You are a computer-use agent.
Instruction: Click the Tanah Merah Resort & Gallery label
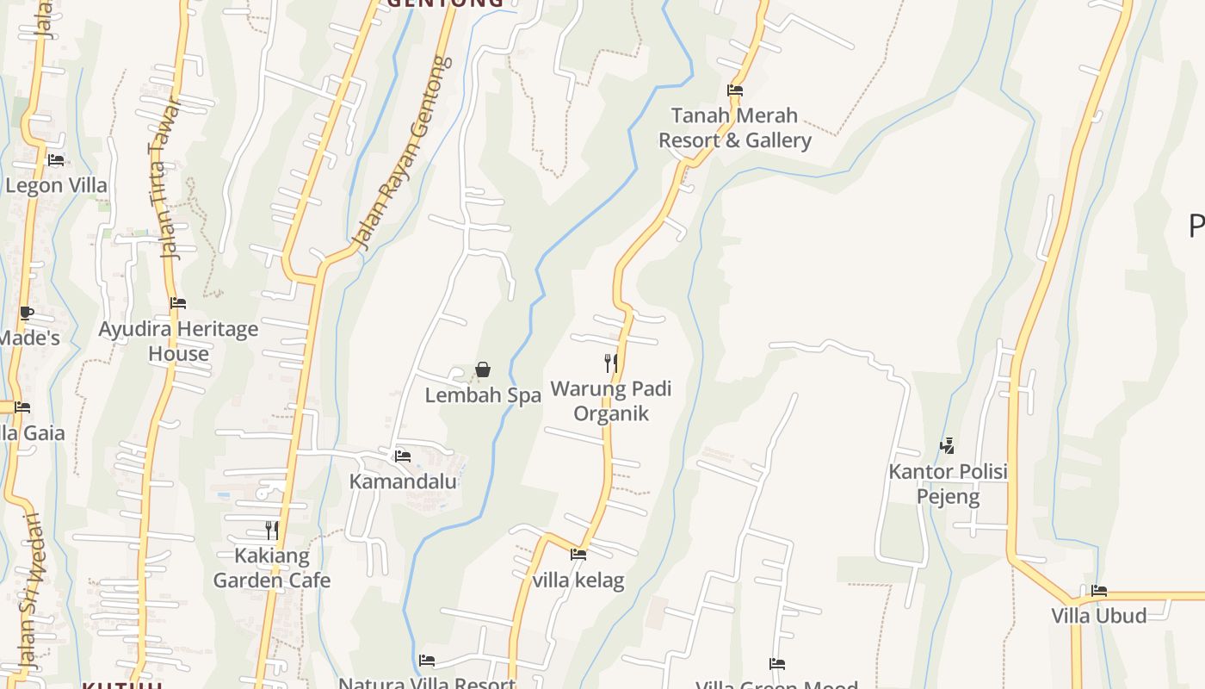click(734, 127)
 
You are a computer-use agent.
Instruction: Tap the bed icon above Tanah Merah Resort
click(734, 90)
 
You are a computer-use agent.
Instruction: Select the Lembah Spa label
click(483, 395)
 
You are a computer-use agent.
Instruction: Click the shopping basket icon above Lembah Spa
click(483, 369)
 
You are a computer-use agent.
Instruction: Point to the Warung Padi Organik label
click(611, 400)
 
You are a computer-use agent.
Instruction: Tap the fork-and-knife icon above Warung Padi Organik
click(611, 363)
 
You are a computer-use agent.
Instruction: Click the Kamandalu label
click(403, 481)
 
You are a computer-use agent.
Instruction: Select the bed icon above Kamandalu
click(403, 456)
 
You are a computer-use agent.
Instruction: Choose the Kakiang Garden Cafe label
click(272, 568)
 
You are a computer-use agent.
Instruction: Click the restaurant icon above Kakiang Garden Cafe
click(272, 530)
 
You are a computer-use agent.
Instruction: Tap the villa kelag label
click(578, 580)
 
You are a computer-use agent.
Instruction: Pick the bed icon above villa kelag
click(578, 555)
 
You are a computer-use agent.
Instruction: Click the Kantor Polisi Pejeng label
click(948, 484)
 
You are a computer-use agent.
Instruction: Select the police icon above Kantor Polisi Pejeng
click(948, 445)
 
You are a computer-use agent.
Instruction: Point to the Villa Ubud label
click(1099, 616)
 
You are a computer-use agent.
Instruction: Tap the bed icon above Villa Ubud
click(1099, 591)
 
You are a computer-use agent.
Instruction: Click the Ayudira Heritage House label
click(178, 341)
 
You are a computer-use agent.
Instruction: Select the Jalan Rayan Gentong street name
click(405, 152)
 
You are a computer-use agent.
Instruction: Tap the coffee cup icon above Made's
click(27, 313)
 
